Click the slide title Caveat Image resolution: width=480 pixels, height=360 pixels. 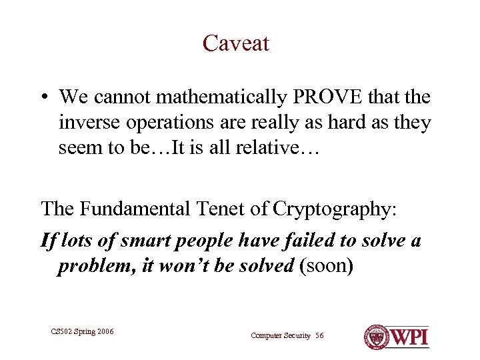(x=236, y=43)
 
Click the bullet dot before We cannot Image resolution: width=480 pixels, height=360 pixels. (x=45, y=98)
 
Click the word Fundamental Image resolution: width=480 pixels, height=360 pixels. (x=137, y=209)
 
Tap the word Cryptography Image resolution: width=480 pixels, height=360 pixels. (x=339, y=209)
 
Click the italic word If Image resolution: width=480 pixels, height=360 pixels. (x=49, y=240)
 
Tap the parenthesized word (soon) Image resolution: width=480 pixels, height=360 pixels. (x=327, y=266)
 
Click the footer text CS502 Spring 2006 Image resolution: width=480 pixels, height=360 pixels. (x=83, y=331)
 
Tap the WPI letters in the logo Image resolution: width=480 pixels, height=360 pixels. (x=409, y=336)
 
